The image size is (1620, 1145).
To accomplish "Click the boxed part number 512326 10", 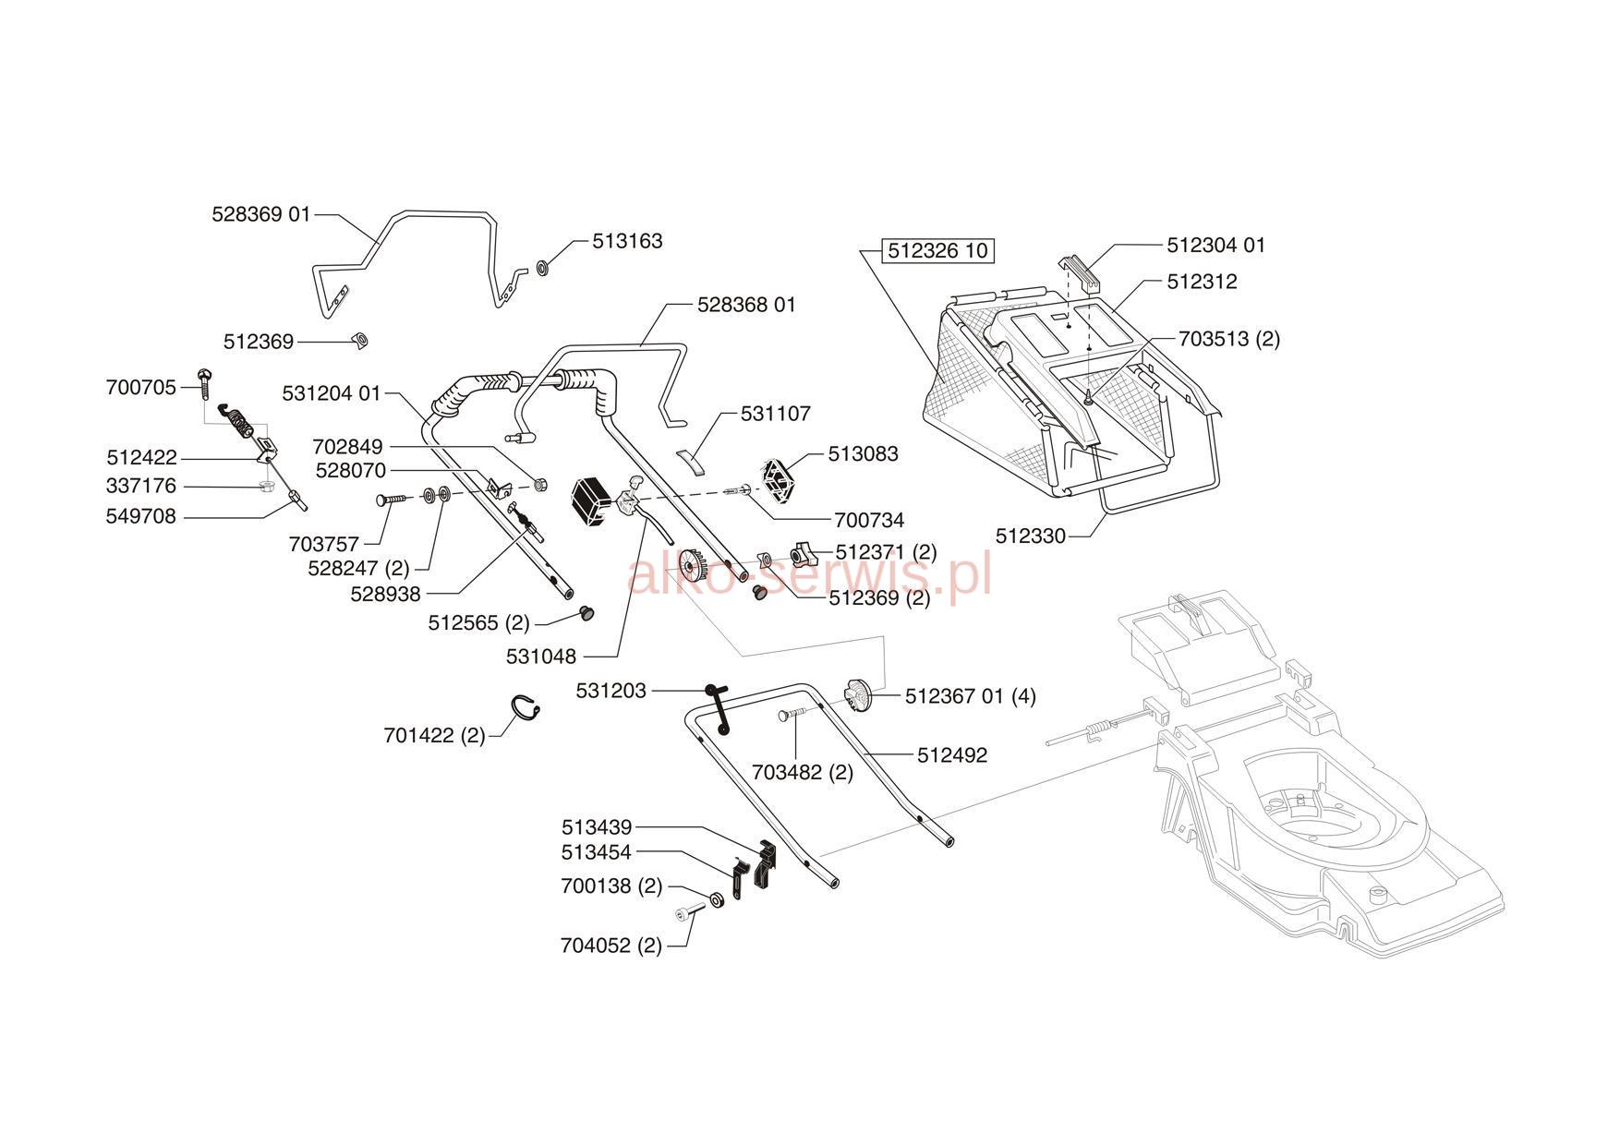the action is point(937,250).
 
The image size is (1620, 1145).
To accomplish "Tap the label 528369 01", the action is point(261,214).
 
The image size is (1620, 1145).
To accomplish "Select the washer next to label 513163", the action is point(543,269).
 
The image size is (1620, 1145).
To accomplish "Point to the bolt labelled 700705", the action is point(205,381).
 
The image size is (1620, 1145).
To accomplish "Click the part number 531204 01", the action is point(331,393).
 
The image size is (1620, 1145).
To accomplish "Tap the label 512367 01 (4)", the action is point(970,696).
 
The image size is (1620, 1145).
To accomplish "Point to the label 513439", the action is point(597,826).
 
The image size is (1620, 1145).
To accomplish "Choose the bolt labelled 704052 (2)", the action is point(690,913).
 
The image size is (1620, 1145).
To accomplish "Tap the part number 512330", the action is point(1031,536).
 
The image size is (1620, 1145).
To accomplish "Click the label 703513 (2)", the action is point(1229,339).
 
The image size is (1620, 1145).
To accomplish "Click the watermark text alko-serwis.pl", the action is point(809,574).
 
